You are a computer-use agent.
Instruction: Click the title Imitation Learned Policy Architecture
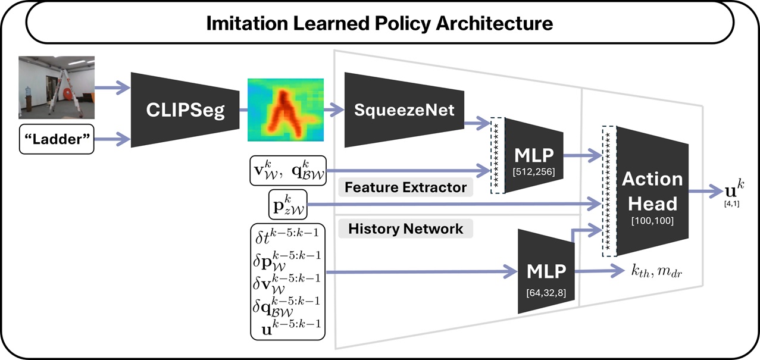(380, 24)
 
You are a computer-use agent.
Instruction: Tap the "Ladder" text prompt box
(57, 139)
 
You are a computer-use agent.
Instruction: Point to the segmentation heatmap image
(285, 110)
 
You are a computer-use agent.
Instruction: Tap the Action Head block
(652, 191)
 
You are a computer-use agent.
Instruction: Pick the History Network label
(406, 229)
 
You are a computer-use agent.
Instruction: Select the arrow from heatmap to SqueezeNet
(333, 110)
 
